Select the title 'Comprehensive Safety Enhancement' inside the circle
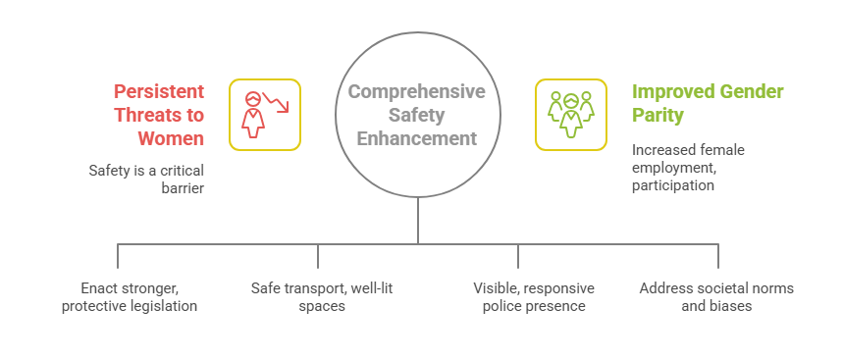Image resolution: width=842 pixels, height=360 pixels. (x=417, y=114)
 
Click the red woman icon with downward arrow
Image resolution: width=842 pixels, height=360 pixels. (x=265, y=114)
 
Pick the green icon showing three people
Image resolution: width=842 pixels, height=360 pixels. (x=571, y=114)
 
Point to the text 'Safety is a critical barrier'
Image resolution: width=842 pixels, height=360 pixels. (x=146, y=179)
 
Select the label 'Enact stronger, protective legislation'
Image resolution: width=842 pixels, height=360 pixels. (x=130, y=297)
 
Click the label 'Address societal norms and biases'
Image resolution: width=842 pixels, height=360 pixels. (x=716, y=297)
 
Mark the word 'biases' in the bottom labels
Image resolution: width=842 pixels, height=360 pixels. (x=732, y=306)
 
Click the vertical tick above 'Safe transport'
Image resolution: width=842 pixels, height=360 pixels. (x=318, y=255)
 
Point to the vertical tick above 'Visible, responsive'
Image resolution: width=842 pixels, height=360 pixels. (x=518, y=255)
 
